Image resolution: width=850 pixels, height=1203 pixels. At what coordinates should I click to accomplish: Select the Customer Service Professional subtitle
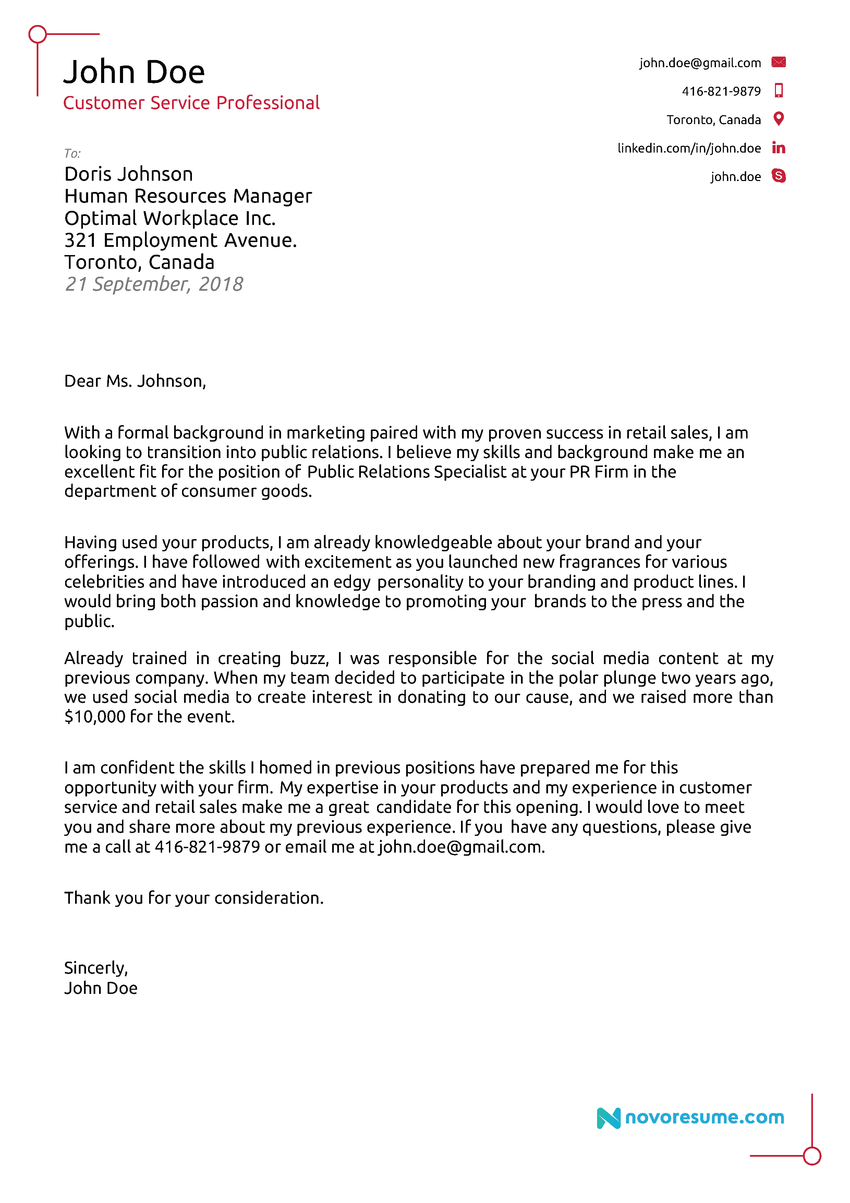[x=191, y=103]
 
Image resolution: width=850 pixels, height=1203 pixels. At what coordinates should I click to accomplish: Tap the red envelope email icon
[x=778, y=62]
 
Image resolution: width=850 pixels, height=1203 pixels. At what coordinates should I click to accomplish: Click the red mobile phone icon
[x=778, y=91]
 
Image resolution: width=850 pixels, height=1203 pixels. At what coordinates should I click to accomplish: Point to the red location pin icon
[x=778, y=119]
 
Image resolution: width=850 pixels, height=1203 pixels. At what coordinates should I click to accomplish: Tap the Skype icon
[x=778, y=176]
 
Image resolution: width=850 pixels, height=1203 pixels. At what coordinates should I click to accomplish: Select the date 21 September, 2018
[x=154, y=284]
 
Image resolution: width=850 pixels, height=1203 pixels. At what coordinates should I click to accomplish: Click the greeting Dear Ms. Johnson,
[x=135, y=381]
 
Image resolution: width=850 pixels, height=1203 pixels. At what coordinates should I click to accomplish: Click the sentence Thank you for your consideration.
[x=194, y=898]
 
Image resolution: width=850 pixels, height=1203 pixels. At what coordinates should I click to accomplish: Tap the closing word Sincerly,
[x=96, y=968]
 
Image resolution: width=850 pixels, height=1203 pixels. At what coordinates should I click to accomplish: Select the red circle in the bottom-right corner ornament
[x=811, y=1155]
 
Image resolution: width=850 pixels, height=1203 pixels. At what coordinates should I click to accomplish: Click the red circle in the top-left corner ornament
[x=38, y=35]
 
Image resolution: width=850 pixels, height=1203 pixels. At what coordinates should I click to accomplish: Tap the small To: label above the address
[x=72, y=154]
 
